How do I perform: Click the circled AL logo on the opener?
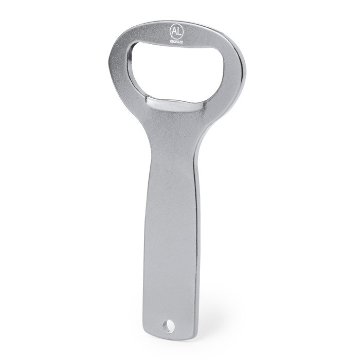pyautogui.click(x=176, y=29)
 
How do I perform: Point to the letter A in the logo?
pyautogui.click(x=173, y=29)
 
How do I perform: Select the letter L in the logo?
pyautogui.click(x=178, y=29)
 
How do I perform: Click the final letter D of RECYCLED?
pyautogui.click(x=183, y=39)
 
